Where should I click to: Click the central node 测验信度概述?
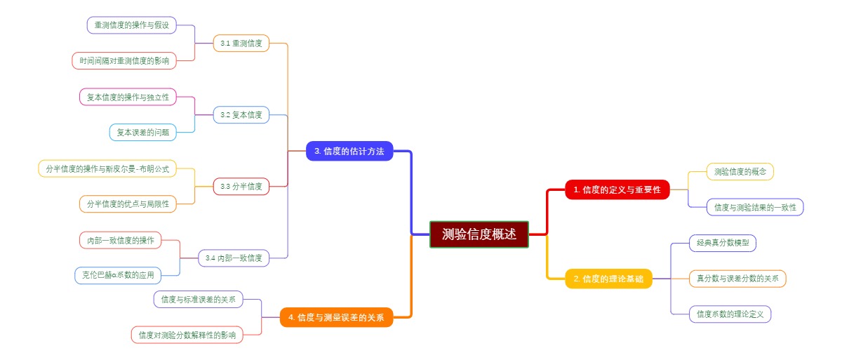pyautogui.click(x=479, y=234)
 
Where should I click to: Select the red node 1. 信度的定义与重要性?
pyautogui.click(x=617, y=189)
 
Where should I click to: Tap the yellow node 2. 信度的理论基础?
pyautogui.click(x=608, y=279)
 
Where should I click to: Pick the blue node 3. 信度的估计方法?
pyautogui.click(x=349, y=151)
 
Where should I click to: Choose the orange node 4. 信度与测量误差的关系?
pyautogui.click(x=336, y=318)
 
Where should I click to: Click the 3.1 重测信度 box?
pyautogui.click(x=241, y=44)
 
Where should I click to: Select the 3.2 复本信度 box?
pyautogui.click(x=241, y=114)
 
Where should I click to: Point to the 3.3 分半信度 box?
pyautogui.click(x=241, y=186)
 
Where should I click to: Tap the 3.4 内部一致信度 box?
pyautogui.click(x=234, y=258)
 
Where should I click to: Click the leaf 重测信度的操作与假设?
pyautogui.click(x=131, y=25)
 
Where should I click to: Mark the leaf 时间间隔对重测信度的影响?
pyautogui.click(x=124, y=61)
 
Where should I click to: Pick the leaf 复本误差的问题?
pyautogui.click(x=142, y=132)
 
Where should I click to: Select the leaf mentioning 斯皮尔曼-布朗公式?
pyautogui.click(x=107, y=168)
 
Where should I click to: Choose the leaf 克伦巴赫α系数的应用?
pyautogui.click(x=117, y=275)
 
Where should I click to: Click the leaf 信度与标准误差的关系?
pyautogui.click(x=198, y=299)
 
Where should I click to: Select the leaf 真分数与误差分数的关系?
pyautogui.click(x=737, y=279)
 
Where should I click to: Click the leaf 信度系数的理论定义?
pyautogui.click(x=730, y=314)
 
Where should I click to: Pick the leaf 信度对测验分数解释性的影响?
pyautogui.click(x=187, y=335)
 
